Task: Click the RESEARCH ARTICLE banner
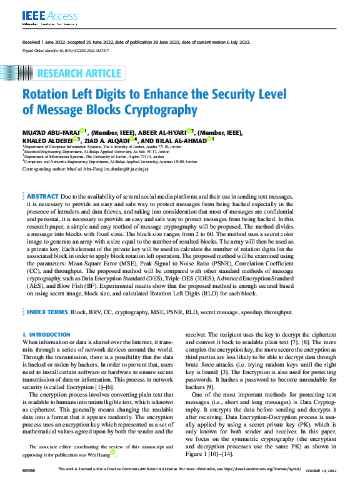pos(79,74)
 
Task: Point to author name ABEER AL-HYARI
pos(159,133)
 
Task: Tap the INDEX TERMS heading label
pos(46,311)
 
